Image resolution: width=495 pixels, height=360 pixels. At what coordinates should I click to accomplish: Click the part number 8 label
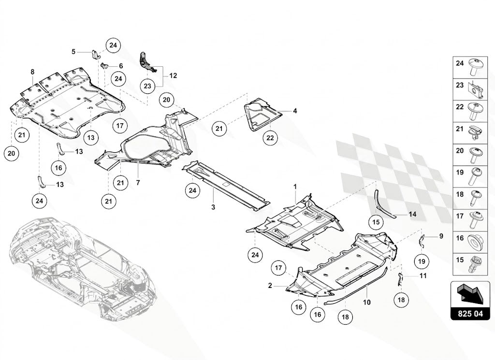[x=32, y=72]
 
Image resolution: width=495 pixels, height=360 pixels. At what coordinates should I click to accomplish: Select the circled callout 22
[x=270, y=138]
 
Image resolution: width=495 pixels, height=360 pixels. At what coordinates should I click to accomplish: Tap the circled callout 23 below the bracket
[x=147, y=86]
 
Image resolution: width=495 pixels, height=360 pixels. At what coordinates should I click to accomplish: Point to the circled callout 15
[x=376, y=222]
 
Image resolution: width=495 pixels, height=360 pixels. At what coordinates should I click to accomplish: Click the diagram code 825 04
[x=470, y=314]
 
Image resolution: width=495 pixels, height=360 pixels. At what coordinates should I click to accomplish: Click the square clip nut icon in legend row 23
[x=475, y=89]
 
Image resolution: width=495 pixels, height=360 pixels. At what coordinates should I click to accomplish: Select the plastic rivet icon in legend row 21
[x=475, y=133]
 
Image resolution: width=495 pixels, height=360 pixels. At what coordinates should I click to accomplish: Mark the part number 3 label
[x=213, y=207]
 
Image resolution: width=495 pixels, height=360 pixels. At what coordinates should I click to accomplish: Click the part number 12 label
[x=173, y=76]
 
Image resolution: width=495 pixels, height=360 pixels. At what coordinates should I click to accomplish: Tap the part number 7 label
[x=138, y=183]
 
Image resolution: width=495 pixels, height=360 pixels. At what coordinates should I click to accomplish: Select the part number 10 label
[x=366, y=302]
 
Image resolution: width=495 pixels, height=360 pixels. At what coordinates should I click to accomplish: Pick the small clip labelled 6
[x=104, y=66]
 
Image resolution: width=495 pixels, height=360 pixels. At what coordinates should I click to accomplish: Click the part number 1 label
[x=295, y=187]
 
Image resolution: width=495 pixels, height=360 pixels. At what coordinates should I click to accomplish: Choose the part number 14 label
[x=413, y=214]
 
